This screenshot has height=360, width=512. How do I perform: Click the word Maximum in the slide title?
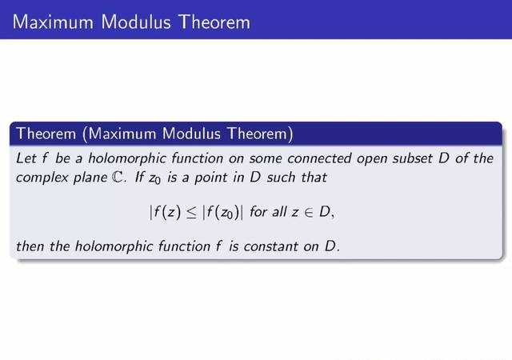coord(53,22)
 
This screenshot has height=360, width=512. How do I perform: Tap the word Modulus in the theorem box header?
coord(191,134)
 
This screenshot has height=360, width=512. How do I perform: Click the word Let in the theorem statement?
coord(26,158)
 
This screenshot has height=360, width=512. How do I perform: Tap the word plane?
coord(90,178)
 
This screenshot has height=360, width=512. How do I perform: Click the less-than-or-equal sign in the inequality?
coord(191,213)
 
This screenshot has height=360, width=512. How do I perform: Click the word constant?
coord(270,246)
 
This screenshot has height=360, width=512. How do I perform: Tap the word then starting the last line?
coord(30,246)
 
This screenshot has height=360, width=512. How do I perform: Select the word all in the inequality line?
coord(279,212)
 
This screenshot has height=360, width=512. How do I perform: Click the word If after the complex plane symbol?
coord(139,177)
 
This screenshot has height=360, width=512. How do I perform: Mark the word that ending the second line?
coord(314,178)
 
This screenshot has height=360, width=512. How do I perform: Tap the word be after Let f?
coord(62,158)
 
